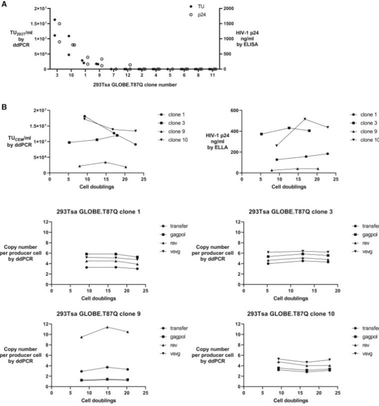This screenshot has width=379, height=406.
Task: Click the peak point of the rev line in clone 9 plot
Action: tap(107, 327)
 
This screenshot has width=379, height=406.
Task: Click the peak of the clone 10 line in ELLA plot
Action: tap(304, 118)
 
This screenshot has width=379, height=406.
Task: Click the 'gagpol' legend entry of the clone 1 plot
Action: tap(171, 234)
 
